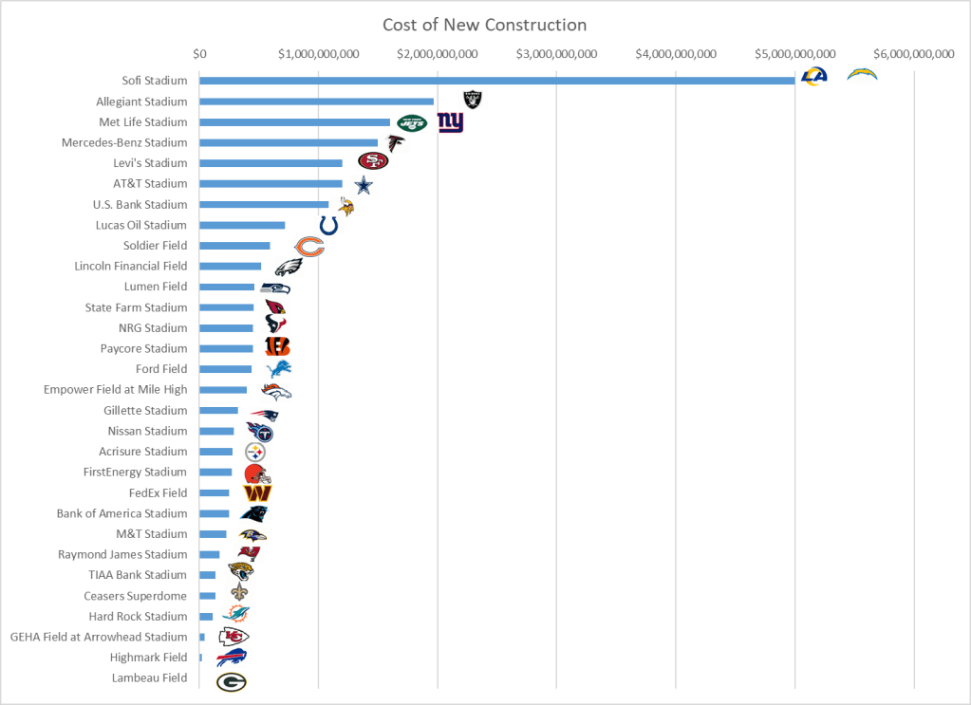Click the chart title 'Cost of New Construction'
tap(484, 25)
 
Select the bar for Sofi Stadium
tap(496, 81)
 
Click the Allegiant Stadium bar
tap(316, 102)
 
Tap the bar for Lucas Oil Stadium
tap(242, 225)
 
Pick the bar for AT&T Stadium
tap(271, 184)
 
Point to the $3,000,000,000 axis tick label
tap(556, 54)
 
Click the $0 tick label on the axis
tap(199, 54)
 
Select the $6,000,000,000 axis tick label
tap(913, 54)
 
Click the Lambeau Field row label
tap(149, 678)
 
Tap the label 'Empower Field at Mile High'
tap(116, 390)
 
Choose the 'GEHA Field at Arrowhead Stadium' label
tap(99, 638)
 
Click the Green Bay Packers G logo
tap(231, 682)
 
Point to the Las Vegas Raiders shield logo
tap(472, 100)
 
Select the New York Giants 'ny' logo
tap(450, 122)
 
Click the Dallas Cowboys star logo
tap(363, 185)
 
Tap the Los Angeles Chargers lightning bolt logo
tap(862, 74)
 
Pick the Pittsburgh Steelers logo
tap(254, 453)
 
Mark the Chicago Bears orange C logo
tap(309, 248)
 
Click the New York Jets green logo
tap(412, 122)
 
